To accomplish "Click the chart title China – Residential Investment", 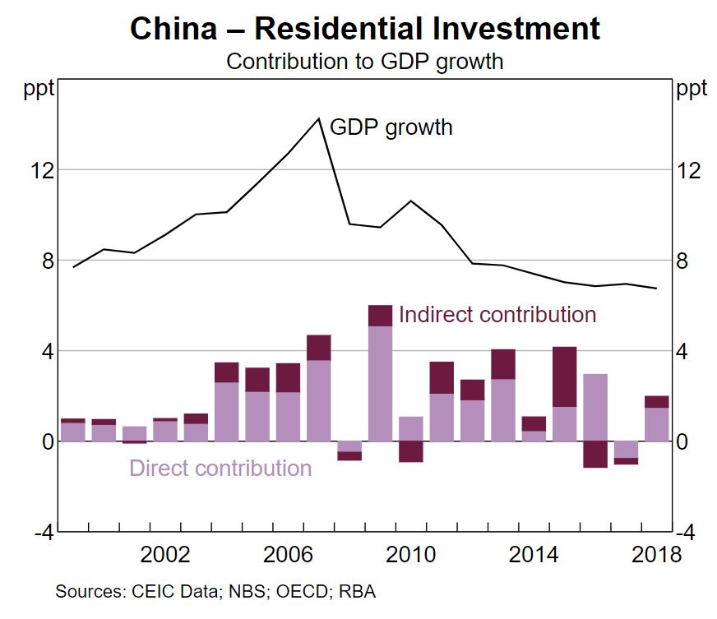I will [364, 29].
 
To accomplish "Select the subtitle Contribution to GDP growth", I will [364, 62].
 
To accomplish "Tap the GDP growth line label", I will [391, 127].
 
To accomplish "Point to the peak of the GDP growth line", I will [318, 118].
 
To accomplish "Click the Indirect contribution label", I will [497, 315].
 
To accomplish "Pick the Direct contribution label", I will [220, 469].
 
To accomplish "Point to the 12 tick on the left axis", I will [43, 171].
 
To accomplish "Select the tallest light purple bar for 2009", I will [380, 383].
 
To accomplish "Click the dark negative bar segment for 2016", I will [594, 455].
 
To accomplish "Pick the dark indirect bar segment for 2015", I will [564, 376].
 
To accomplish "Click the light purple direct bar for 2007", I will [318, 400].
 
